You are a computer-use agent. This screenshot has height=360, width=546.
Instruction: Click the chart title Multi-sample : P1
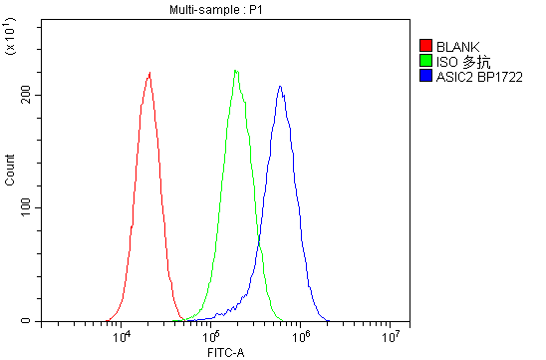(216, 9)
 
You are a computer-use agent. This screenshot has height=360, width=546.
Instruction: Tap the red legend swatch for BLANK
(425, 46)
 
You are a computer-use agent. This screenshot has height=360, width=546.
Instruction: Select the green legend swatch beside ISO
(425, 61)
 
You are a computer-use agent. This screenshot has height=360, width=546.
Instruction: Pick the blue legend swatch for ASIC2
(425, 76)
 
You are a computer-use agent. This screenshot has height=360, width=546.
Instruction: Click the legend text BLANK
(457, 46)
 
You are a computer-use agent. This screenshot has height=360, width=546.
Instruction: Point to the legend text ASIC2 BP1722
(479, 76)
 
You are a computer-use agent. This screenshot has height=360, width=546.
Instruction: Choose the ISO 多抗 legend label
(459, 61)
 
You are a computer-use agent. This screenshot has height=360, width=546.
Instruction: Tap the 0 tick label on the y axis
(29, 321)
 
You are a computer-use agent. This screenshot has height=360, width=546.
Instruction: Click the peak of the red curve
(149, 72)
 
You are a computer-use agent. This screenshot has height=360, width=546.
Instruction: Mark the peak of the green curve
(236, 70)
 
